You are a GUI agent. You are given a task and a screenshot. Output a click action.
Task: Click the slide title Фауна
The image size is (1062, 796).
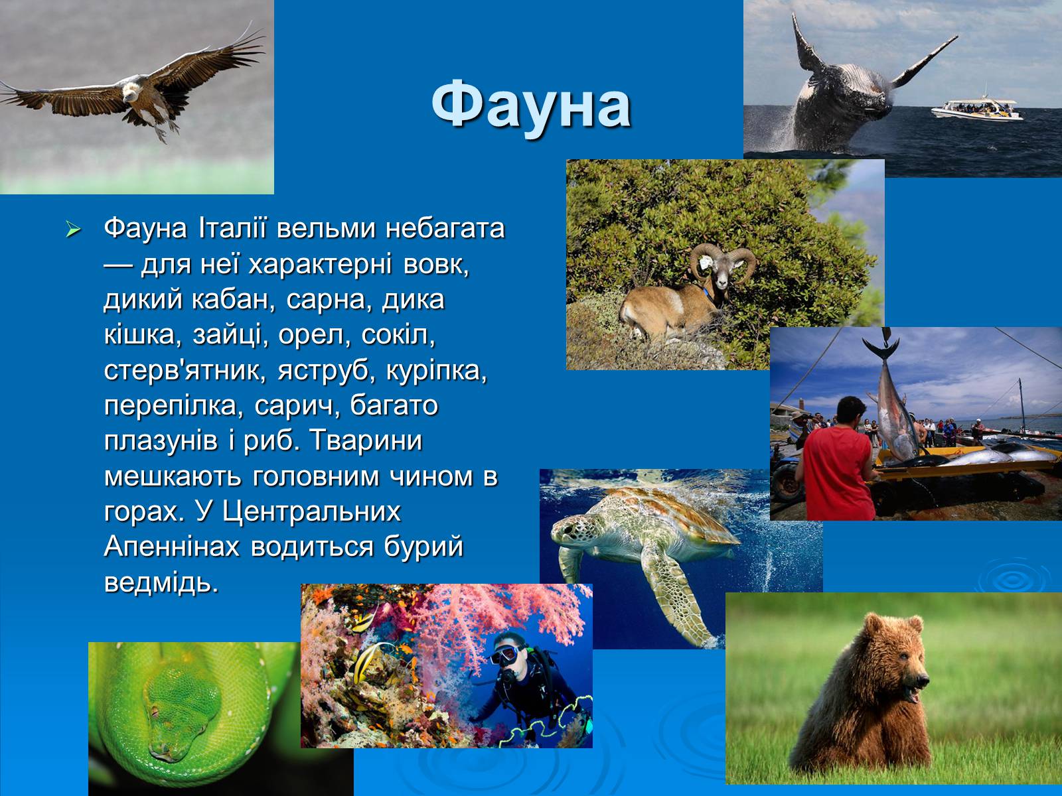(x=531, y=106)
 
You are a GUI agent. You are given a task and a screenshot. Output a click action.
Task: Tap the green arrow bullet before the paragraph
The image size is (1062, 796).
(x=73, y=230)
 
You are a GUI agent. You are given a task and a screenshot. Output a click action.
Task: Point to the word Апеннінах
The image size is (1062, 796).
(x=172, y=547)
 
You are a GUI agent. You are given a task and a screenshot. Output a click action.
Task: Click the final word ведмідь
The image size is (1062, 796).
(x=161, y=583)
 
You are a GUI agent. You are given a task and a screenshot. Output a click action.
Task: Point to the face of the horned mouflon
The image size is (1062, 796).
(x=723, y=273)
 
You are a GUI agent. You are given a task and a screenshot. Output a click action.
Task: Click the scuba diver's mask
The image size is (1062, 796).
(x=506, y=655)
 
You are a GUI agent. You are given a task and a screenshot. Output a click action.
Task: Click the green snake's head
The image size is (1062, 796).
(x=180, y=706)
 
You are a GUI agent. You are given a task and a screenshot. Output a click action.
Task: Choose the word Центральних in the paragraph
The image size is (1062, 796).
(x=311, y=512)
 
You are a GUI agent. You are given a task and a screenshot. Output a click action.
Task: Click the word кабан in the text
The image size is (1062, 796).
(x=230, y=300)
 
